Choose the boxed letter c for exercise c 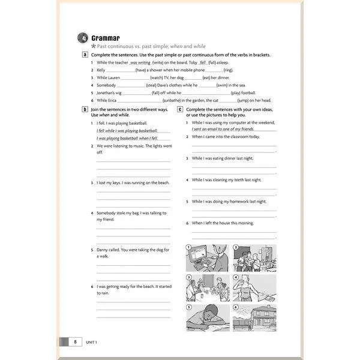[181, 110]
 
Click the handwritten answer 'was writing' [140, 62]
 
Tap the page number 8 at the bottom [75, 342]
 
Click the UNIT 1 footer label [92, 342]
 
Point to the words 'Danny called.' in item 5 [110, 249]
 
